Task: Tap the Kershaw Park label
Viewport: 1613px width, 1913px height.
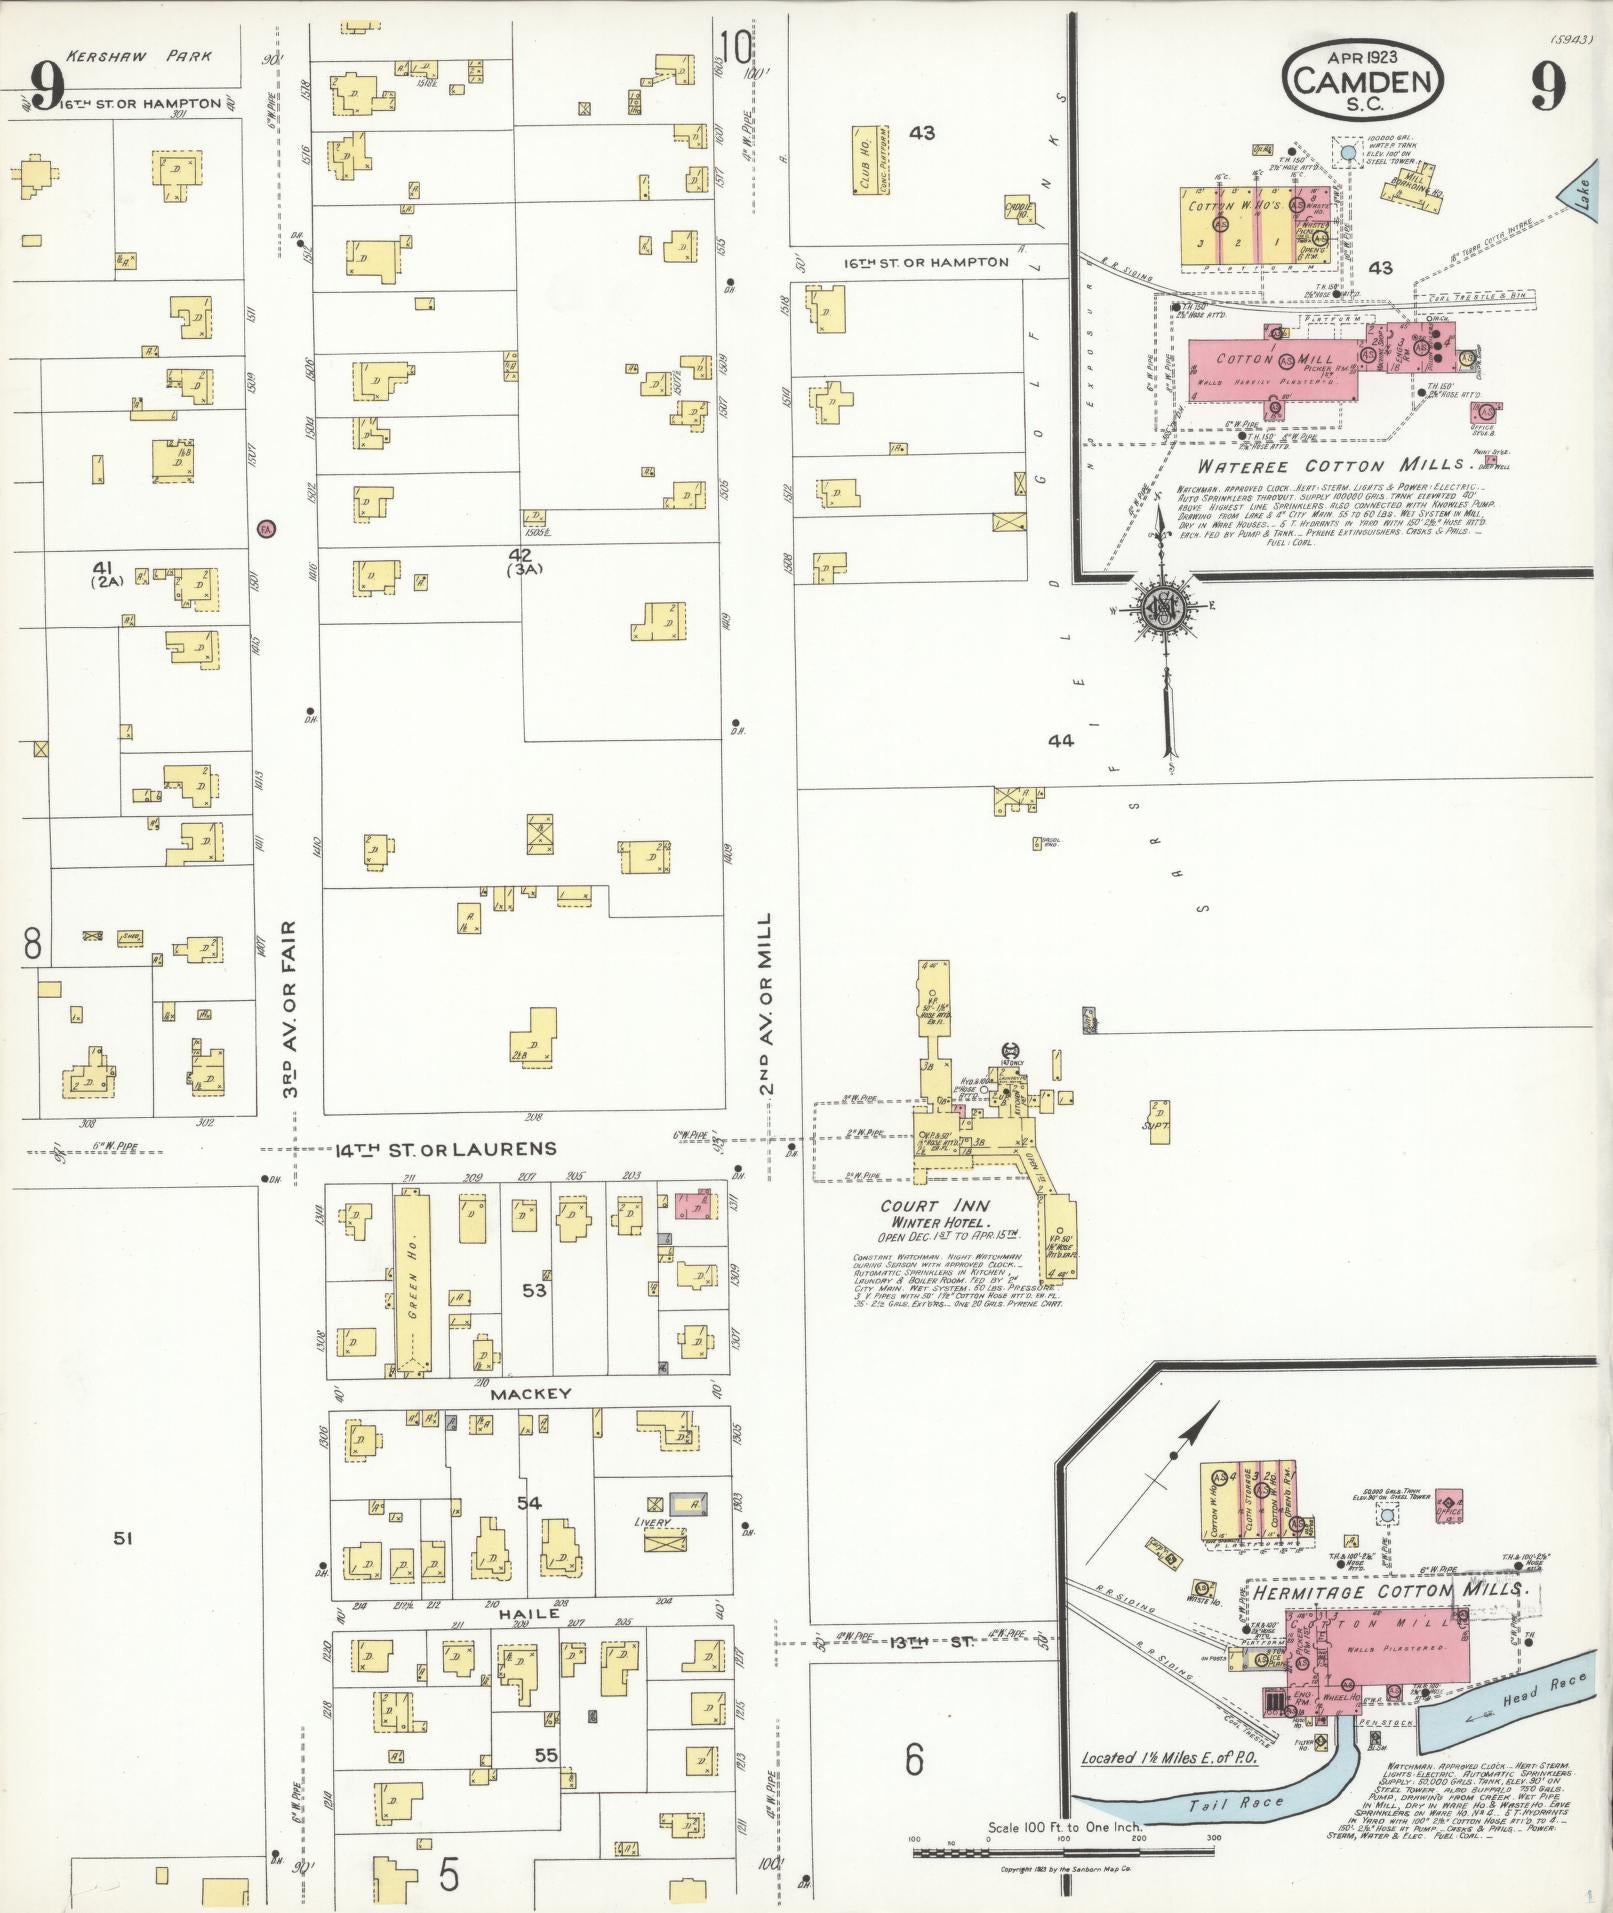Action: tap(139, 57)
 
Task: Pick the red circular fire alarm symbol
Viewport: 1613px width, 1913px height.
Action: tap(265, 528)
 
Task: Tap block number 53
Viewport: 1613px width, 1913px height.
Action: tap(535, 1291)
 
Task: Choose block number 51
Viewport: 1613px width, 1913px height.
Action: tap(123, 1539)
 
